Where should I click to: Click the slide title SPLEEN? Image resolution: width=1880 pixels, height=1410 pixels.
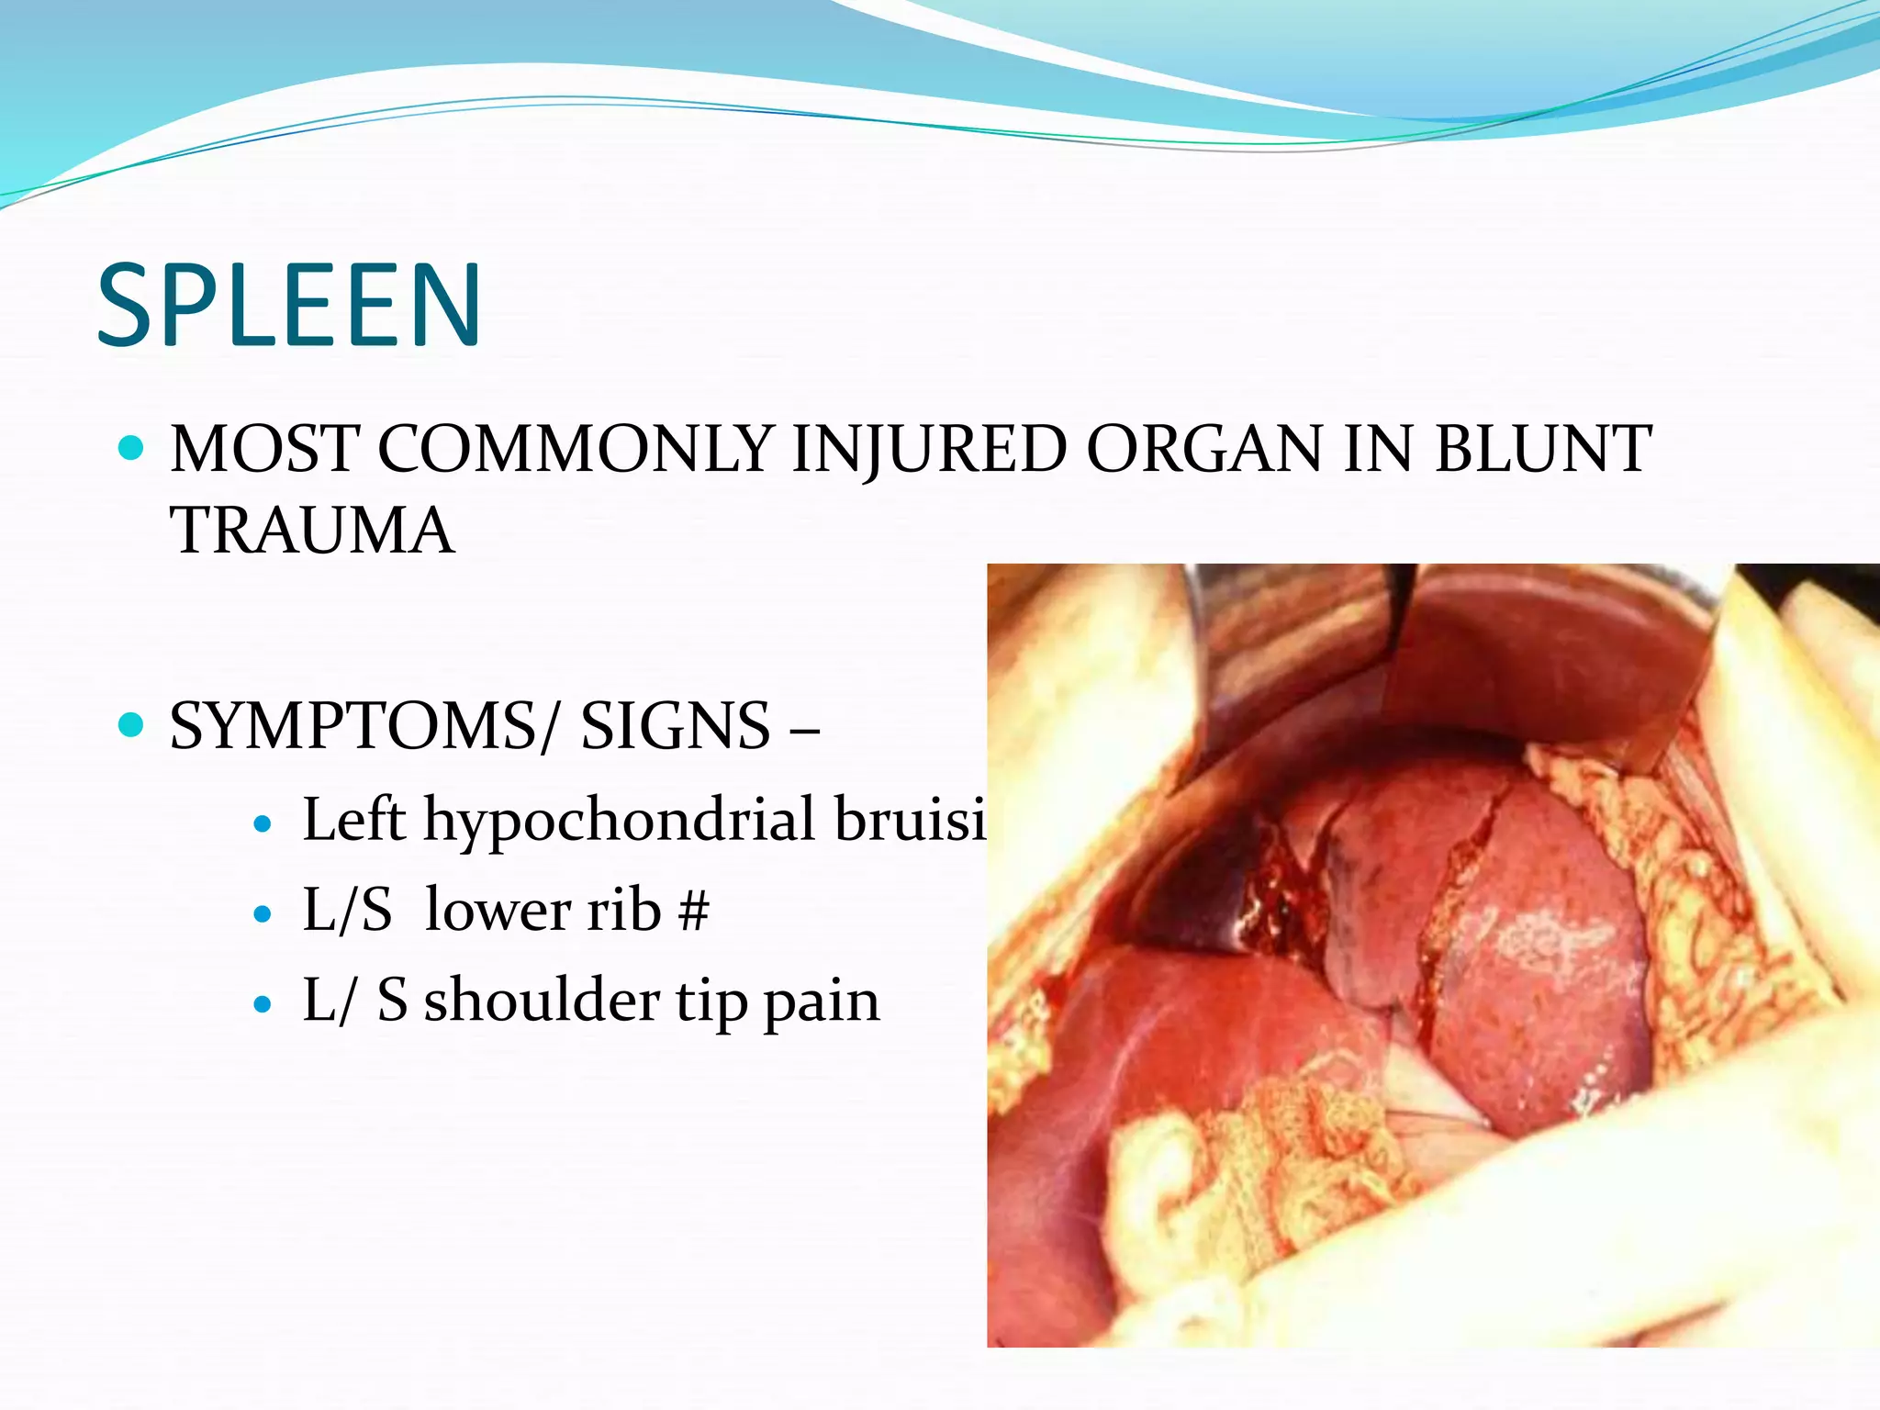288,305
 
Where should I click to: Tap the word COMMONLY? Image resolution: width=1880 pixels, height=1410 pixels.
575,450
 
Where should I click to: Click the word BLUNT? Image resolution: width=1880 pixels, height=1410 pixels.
1543,450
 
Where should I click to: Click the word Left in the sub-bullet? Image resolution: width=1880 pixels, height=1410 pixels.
354,819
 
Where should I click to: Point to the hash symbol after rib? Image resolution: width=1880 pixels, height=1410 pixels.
694,911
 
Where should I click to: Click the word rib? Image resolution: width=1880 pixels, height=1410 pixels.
624,911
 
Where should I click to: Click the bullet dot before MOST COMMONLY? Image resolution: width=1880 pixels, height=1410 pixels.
132,448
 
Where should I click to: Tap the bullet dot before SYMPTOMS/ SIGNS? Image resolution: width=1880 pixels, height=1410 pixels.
132,725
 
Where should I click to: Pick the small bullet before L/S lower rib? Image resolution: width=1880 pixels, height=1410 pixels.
263,914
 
